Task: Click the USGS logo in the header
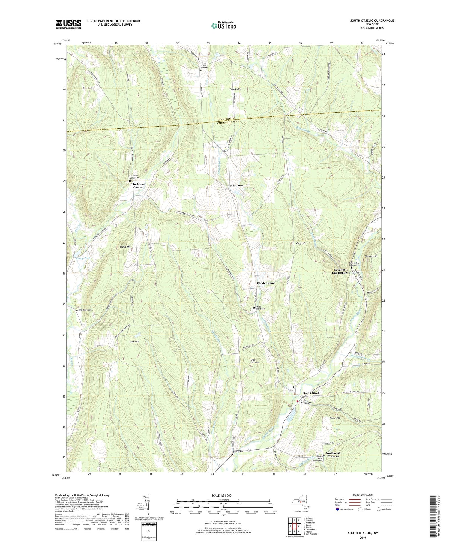click(x=68, y=24)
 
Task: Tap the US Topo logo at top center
click(x=223, y=26)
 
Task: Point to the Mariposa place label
click(x=236, y=185)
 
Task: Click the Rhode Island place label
click(x=265, y=283)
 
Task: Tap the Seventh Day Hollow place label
click(x=340, y=271)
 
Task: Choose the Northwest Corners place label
click(x=333, y=455)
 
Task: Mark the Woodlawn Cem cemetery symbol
click(x=77, y=311)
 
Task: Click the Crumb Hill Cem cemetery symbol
click(x=201, y=71)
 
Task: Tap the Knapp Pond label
click(x=75, y=258)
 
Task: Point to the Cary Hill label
click(x=301, y=243)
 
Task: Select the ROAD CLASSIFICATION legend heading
click(x=363, y=495)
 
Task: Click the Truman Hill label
click(x=371, y=256)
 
